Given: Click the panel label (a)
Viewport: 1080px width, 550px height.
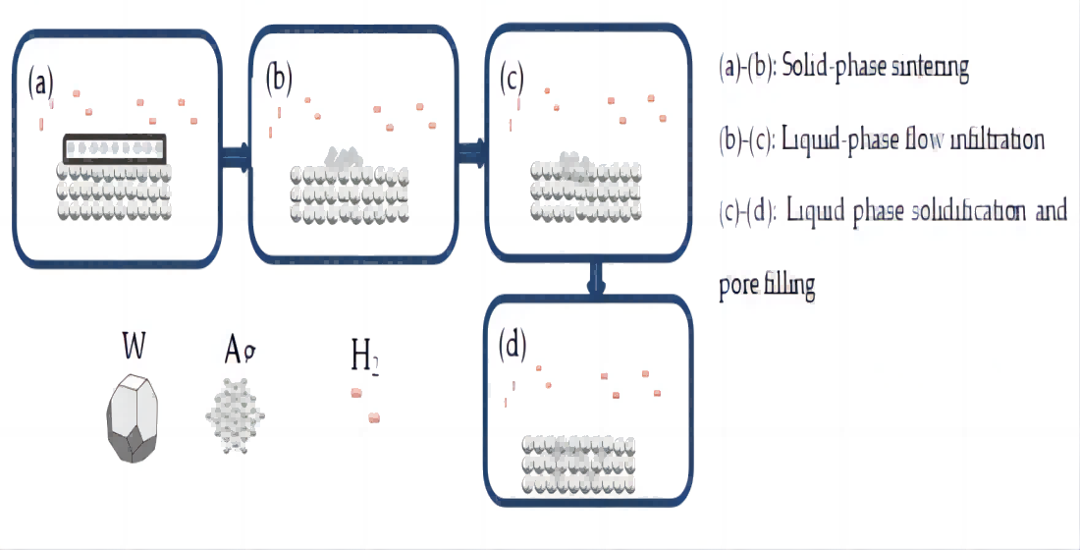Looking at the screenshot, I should click(x=41, y=82).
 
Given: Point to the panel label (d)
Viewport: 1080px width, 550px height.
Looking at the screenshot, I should click(x=512, y=344).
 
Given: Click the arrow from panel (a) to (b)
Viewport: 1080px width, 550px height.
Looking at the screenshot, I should click(x=234, y=155).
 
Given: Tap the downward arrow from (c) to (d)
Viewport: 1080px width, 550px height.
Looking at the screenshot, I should click(x=595, y=279).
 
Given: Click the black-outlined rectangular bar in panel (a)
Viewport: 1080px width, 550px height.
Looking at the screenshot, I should click(x=115, y=148).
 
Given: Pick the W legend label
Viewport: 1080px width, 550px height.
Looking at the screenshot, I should click(x=135, y=346).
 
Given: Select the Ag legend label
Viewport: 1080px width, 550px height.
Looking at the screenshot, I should click(x=241, y=349).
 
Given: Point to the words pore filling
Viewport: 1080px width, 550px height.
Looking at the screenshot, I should click(x=767, y=285).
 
